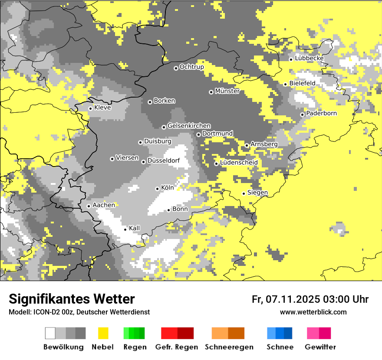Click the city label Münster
(227, 92)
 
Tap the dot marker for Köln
(157, 189)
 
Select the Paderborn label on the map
(321, 114)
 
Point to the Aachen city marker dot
(89, 206)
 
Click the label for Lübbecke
(309, 59)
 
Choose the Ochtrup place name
(191, 67)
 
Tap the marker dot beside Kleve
(90, 108)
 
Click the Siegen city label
(257, 193)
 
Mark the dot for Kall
(125, 229)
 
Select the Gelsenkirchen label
(189, 126)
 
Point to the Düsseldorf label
(163, 161)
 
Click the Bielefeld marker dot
(285, 84)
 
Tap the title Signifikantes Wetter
(72, 299)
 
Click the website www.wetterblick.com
(313, 312)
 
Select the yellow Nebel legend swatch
(103, 333)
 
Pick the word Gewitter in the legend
(320, 347)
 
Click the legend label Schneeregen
(229, 347)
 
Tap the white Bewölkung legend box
(50, 333)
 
